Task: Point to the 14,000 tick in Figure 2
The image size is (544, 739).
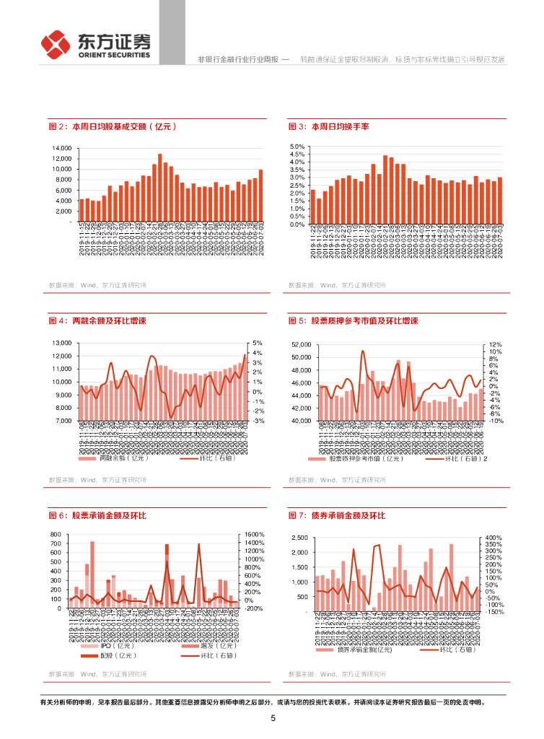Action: (x=61, y=148)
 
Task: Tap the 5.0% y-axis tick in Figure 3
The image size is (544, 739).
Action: (x=299, y=147)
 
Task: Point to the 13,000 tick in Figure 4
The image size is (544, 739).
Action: (x=61, y=343)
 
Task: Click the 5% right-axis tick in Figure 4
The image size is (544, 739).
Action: (x=258, y=343)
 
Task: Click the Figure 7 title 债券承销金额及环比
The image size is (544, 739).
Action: (x=336, y=515)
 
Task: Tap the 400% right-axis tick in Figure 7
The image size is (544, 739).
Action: (x=494, y=538)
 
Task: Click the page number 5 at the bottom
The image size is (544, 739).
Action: (x=273, y=718)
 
